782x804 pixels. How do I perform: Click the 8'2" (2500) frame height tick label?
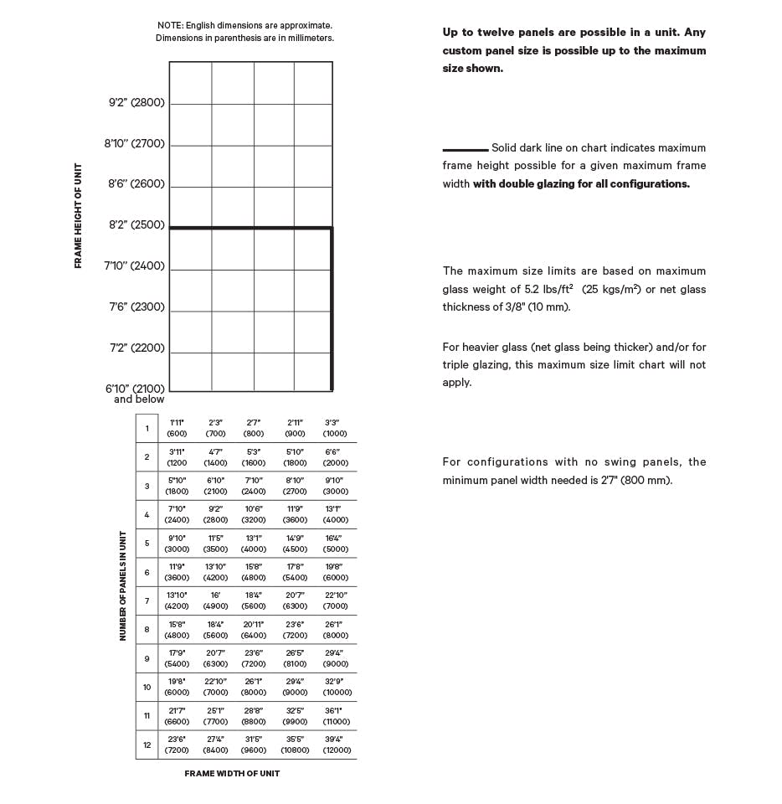pyautogui.click(x=136, y=225)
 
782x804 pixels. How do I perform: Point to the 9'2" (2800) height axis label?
pyautogui.click(x=136, y=103)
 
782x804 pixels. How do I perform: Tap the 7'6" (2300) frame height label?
pyautogui.click(x=136, y=307)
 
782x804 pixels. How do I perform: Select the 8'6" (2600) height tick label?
pyautogui.click(x=136, y=184)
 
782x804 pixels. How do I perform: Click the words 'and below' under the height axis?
pyautogui.click(x=139, y=399)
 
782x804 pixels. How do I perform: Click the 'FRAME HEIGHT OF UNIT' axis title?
pyautogui.click(x=79, y=215)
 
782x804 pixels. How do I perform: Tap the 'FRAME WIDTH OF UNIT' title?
pyautogui.click(x=232, y=774)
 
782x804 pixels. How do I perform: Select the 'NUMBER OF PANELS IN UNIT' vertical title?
pyautogui.click(x=122, y=585)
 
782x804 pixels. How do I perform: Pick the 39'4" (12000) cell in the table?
pyautogui.click(x=335, y=745)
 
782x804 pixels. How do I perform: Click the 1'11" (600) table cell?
pyautogui.click(x=177, y=428)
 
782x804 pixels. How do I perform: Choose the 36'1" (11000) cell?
pyautogui.click(x=335, y=716)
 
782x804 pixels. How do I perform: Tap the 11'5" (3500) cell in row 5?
pyautogui.click(x=215, y=544)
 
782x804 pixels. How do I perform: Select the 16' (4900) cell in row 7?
pyautogui.click(x=215, y=600)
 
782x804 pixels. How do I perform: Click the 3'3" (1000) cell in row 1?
pyautogui.click(x=335, y=428)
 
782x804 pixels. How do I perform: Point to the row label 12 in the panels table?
pyautogui.click(x=147, y=745)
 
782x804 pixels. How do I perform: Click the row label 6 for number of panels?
pyautogui.click(x=147, y=572)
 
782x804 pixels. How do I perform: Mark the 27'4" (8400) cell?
pyautogui.click(x=215, y=745)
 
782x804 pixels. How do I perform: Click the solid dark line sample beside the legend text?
pyautogui.click(x=465, y=149)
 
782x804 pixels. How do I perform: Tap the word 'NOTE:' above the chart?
pyautogui.click(x=170, y=26)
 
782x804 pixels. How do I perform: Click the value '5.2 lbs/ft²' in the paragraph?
pyautogui.click(x=548, y=290)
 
